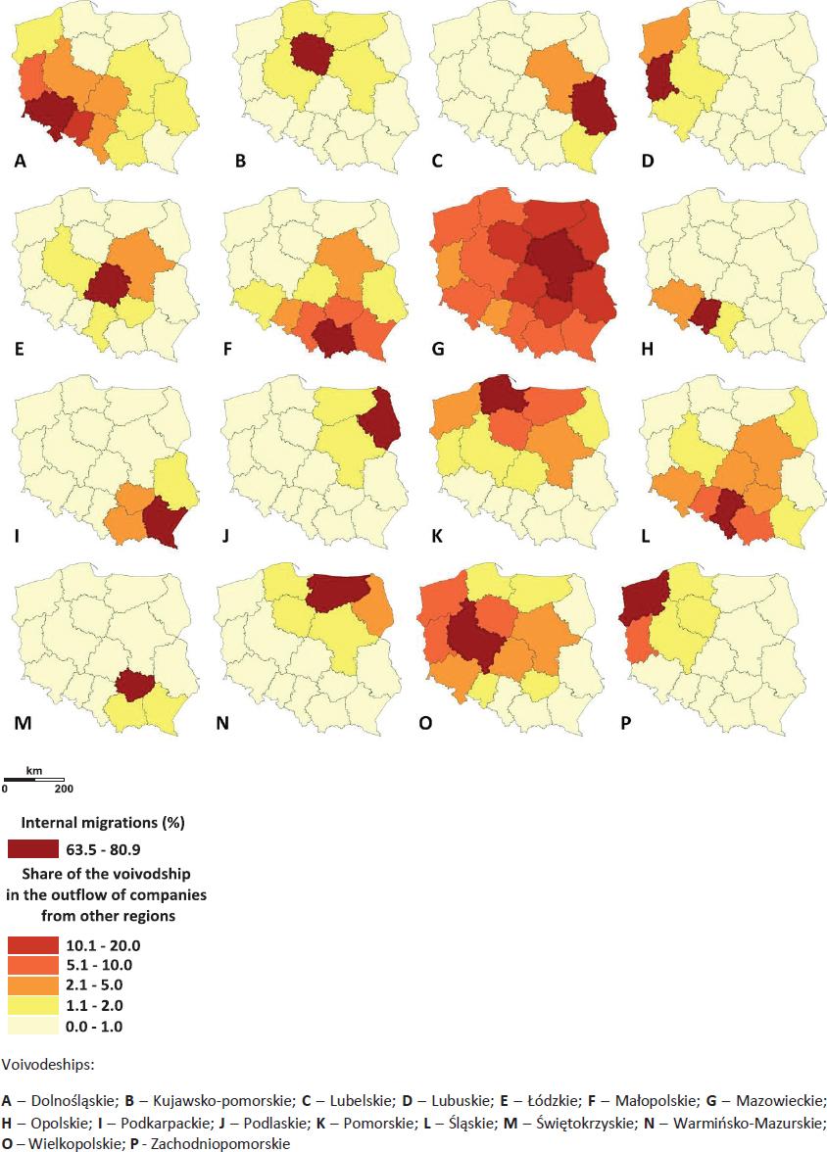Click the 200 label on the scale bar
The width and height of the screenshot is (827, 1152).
[x=64, y=788]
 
